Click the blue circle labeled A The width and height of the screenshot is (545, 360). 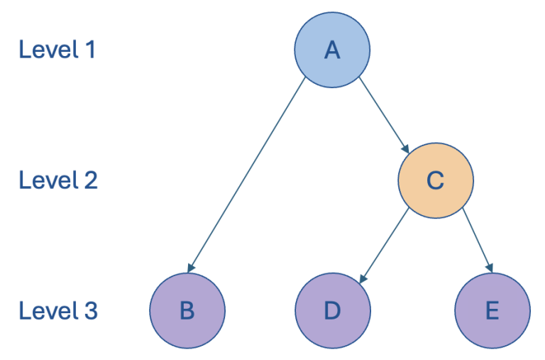(332, 50)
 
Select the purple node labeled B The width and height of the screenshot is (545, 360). (187, 311)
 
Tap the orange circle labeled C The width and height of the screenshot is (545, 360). (435, 180)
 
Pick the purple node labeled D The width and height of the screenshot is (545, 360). (332, 311)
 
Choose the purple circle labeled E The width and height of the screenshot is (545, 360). (492, 311)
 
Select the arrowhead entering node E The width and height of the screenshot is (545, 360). (488, 268)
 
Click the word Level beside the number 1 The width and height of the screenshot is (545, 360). (47, 50)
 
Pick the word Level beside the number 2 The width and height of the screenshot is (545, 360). (47, 180)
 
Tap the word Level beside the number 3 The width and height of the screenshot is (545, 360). (47, 311)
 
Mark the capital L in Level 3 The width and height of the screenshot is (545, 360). (24, 311)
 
